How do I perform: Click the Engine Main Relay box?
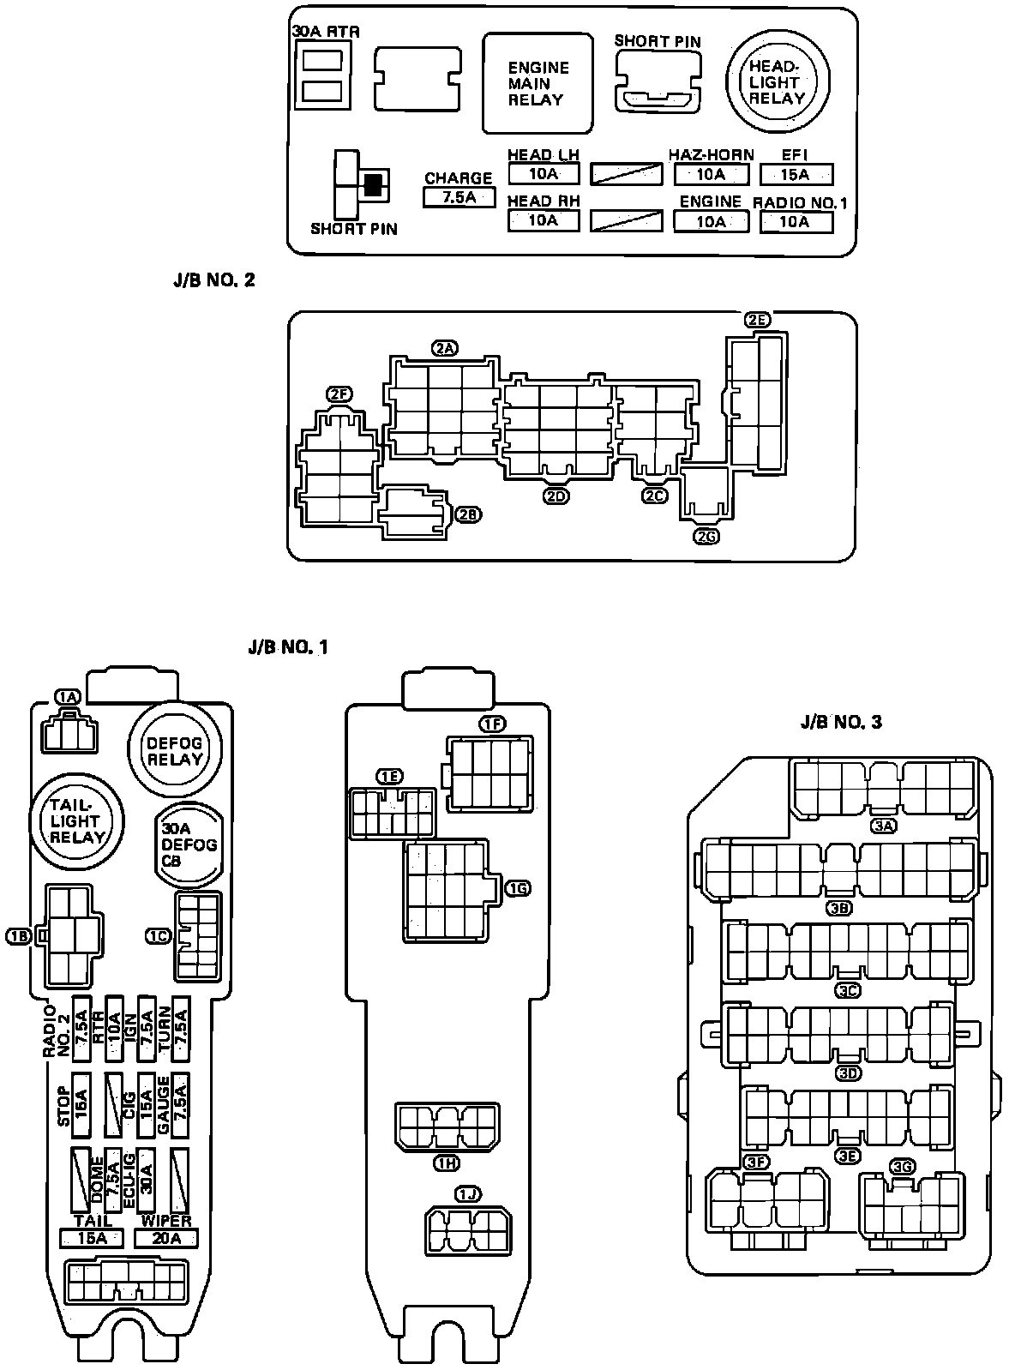click(x=538, y=83)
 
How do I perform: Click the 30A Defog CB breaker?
click(x=189, y=844)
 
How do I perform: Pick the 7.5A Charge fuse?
click(x=459, y=197)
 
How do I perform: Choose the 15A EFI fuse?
click(x=796, y=174)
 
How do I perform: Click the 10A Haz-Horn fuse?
click(x=711, y=174)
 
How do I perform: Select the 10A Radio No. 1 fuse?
click(x=795, y=221)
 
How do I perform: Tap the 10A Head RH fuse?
click(x=544, y=220)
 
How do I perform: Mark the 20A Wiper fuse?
click(x=166, y=1238)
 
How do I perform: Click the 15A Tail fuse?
click(x=92, y=1238)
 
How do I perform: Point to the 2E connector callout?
click(x=757, y=320)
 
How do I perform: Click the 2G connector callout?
click(x=706, y=538)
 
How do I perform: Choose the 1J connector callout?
click(x=467, y=1193)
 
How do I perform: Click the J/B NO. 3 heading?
click(x=840, y=722)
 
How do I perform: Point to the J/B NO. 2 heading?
click(x=213, y=280)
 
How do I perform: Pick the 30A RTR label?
click(x=325, y=32)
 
